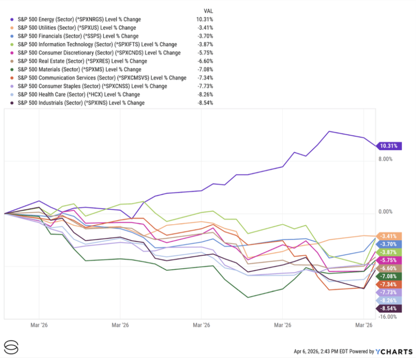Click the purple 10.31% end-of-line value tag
pyautogui.click(x=390, y=146)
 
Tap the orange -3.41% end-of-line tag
pyautogui.click(x=390, y=236)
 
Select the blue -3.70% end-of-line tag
pyautogui.click(x=390, y=244)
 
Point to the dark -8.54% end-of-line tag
pyautogui.click(x=390, y=309)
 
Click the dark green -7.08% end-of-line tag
pyautogui.click(x=390, y=276)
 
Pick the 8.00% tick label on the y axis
pyautogui.click(x=386, y=159)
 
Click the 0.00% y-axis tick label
pyautogui.click(x=386, y=212)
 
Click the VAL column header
pyautogui.click(x=208, y=11)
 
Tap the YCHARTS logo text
pyautogui.click(x=390, y=351)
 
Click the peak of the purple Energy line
pyautogui.click(x=329, y=131)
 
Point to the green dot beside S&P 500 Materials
pyautogui.click(x=12, y=69)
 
